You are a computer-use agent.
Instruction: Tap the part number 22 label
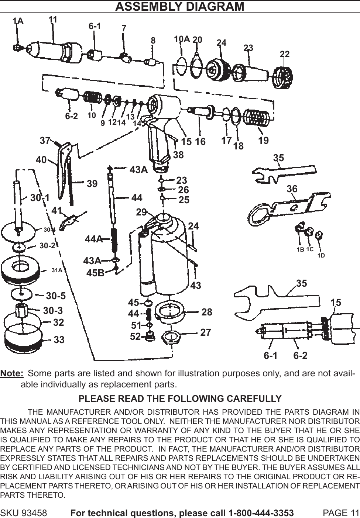284,54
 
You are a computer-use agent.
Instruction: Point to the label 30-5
56,296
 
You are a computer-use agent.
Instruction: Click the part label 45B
95,273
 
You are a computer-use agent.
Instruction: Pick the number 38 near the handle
178,155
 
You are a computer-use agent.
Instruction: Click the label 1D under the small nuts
321,255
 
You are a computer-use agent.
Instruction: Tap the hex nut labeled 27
171,336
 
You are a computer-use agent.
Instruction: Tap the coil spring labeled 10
93,98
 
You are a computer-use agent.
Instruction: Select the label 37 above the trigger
45,141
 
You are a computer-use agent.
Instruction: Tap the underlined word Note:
12,373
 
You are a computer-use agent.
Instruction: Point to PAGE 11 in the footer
340,513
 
